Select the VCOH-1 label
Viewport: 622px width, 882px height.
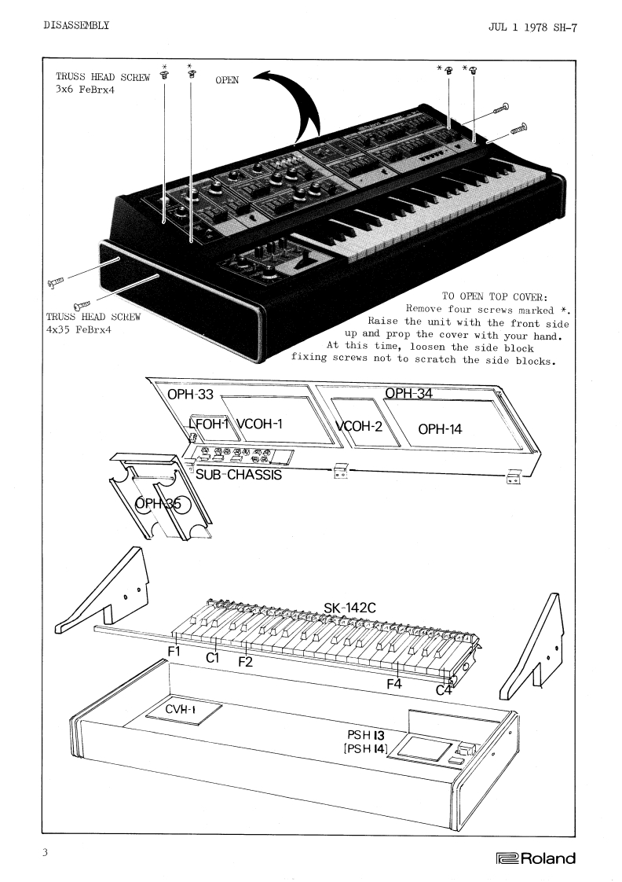click(x=258, y=424)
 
